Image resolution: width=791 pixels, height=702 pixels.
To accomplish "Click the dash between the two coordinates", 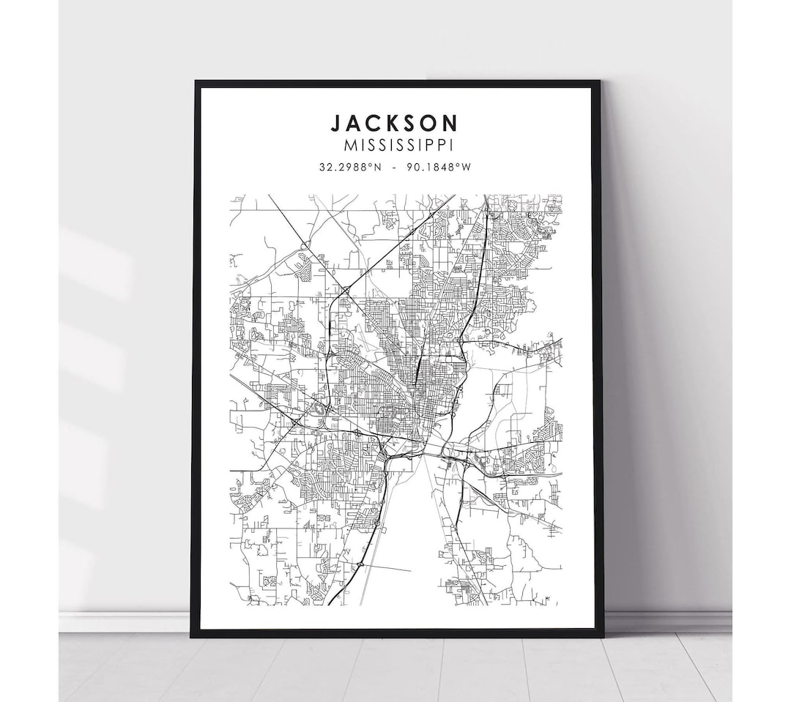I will tap(395, 166).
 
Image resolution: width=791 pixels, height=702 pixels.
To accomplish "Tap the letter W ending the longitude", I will tap(466, 166).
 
